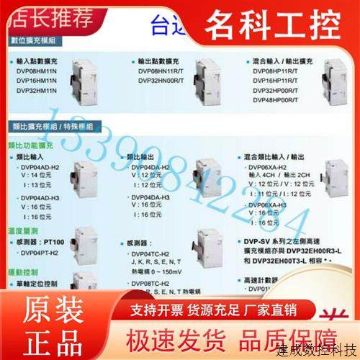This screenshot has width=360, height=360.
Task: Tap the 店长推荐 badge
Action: coord(43,14)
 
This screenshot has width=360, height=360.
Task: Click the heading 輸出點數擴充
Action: coord(158,63)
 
